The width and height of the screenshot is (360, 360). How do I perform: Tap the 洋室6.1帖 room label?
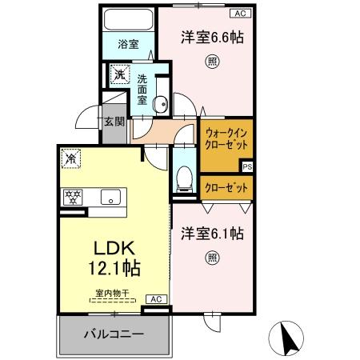pos(212,234)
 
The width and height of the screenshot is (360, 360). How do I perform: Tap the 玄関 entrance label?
pos(113,122)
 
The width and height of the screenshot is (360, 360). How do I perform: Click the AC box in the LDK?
pos(156,298)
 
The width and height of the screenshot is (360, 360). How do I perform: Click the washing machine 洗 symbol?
pos(118,76)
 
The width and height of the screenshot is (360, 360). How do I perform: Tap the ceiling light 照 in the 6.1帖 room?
pos(211,258)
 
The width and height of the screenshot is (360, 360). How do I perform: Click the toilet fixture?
pos(183,174)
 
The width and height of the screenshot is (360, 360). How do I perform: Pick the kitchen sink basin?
pos(108,197)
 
